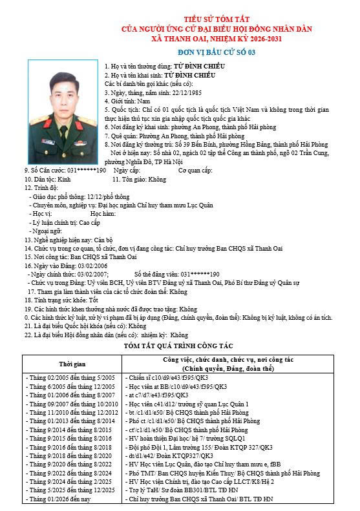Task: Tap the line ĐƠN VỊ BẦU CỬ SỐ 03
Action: (180, 52)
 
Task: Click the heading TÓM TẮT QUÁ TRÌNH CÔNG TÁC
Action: (180, 348)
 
